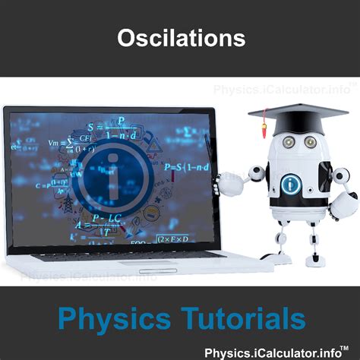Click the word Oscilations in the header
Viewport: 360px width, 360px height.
pos(180,39)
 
